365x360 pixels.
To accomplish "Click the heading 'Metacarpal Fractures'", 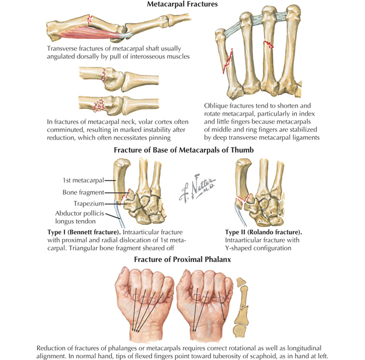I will [x=182, y=5].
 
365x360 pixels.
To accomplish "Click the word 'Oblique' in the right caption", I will [x=218, y=106].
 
